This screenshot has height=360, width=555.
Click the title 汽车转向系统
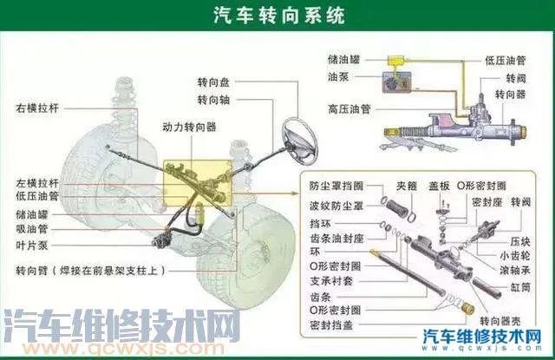277,16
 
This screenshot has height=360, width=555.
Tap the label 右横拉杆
36,109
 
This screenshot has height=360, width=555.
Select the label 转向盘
213,83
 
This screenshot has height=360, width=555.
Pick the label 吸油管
31,229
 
